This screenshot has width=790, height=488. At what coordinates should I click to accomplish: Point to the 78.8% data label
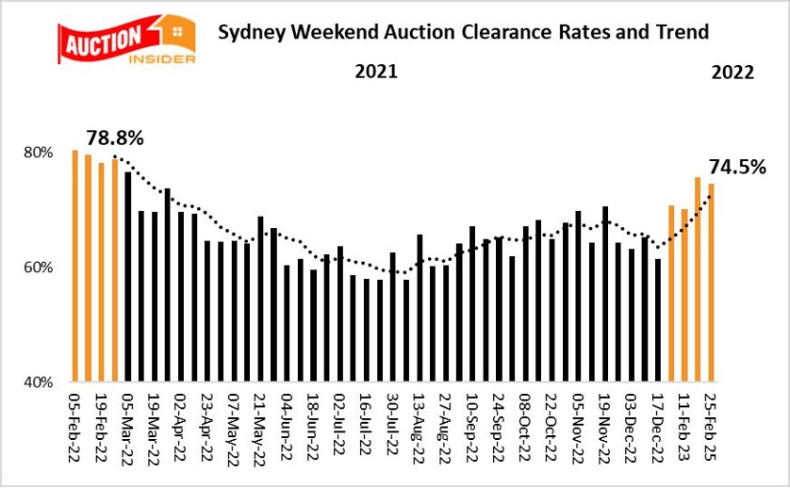[115, 138]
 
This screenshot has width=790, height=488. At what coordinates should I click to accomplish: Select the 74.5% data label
[734, 168]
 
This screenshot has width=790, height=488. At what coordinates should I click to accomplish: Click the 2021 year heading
[375, 72]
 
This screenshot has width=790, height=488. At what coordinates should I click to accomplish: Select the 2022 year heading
[732, 72]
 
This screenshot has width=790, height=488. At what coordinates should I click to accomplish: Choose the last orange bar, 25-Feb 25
[711, 283]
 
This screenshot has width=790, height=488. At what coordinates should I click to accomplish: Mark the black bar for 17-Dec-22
[658, 320]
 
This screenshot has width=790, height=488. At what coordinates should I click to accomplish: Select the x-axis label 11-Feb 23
[684, 424]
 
